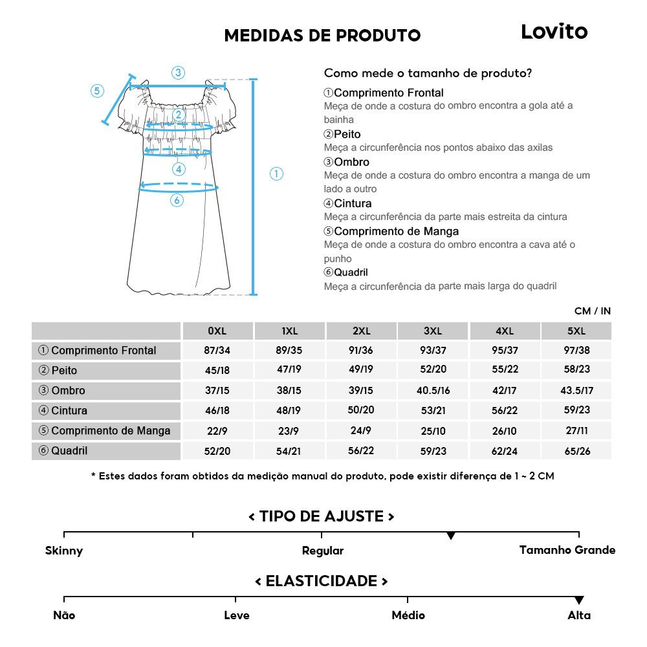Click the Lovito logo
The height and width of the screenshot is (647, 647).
click(554, 32)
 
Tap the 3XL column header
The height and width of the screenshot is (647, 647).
click(433, 331)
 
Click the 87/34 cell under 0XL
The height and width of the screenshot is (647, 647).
click(217, 351)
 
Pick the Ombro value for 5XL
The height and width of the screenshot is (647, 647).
click(576, 391)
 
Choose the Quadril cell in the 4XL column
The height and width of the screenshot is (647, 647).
click(505, 451)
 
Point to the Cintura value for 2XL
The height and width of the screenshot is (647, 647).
click(361, 411)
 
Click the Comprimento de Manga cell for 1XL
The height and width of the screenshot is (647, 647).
click(289, 431)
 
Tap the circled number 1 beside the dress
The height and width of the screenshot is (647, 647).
click(276, 173)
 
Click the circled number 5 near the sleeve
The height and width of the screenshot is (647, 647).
click(97, 91)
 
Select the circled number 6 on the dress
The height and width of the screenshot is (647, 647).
click(177, 201)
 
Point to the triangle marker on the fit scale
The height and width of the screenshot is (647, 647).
click(451, 536)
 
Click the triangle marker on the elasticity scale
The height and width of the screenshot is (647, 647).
click(579, 600)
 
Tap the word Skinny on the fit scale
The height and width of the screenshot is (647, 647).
click(64, 551)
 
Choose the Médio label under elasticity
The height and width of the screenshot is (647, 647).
click(408, 615)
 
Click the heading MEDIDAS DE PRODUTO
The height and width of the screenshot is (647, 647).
click(322, 36)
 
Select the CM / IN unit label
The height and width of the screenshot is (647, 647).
click(592, 311)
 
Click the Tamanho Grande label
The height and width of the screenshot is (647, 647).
click(567, 551)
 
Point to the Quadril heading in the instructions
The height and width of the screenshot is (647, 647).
click(350, 272)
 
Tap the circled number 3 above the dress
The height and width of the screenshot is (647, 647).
click(178, 72)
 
